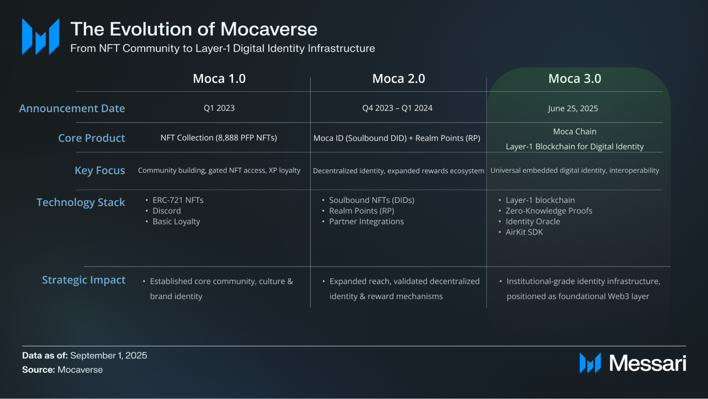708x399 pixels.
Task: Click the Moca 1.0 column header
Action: (x=219, y=79)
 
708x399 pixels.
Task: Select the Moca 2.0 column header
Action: (x=398, y=79)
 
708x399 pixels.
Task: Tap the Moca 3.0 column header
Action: (x=574, y=79)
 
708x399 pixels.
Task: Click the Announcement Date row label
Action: (x=72, y=109)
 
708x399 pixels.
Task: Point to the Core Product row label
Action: (x=91, y=138)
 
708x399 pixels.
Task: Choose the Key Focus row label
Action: (x=100, y=171)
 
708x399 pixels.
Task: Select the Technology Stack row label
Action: (x=81, y=203)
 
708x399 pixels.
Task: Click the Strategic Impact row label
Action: (x=84, y=280)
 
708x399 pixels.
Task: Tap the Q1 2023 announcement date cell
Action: (x=219, y=108)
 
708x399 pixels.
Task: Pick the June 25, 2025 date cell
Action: (x=573, y=109)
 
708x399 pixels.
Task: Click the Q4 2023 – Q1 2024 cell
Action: (x=397, y=108)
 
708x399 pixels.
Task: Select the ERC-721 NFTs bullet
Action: (x=178, y=200)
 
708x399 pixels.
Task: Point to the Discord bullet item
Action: (x=166, y=211)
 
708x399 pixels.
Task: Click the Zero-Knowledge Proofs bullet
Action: (x=549, y=211)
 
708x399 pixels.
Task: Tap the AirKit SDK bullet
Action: (x=524, y=232)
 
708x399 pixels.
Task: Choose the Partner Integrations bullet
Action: (x=366, y=222)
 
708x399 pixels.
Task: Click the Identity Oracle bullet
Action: (x=533, y=222)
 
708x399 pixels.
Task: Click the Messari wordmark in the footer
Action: (x=647, y=364)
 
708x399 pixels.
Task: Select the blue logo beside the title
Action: (x=40, y=37)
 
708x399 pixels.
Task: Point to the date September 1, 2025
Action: (x=109, y=355)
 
